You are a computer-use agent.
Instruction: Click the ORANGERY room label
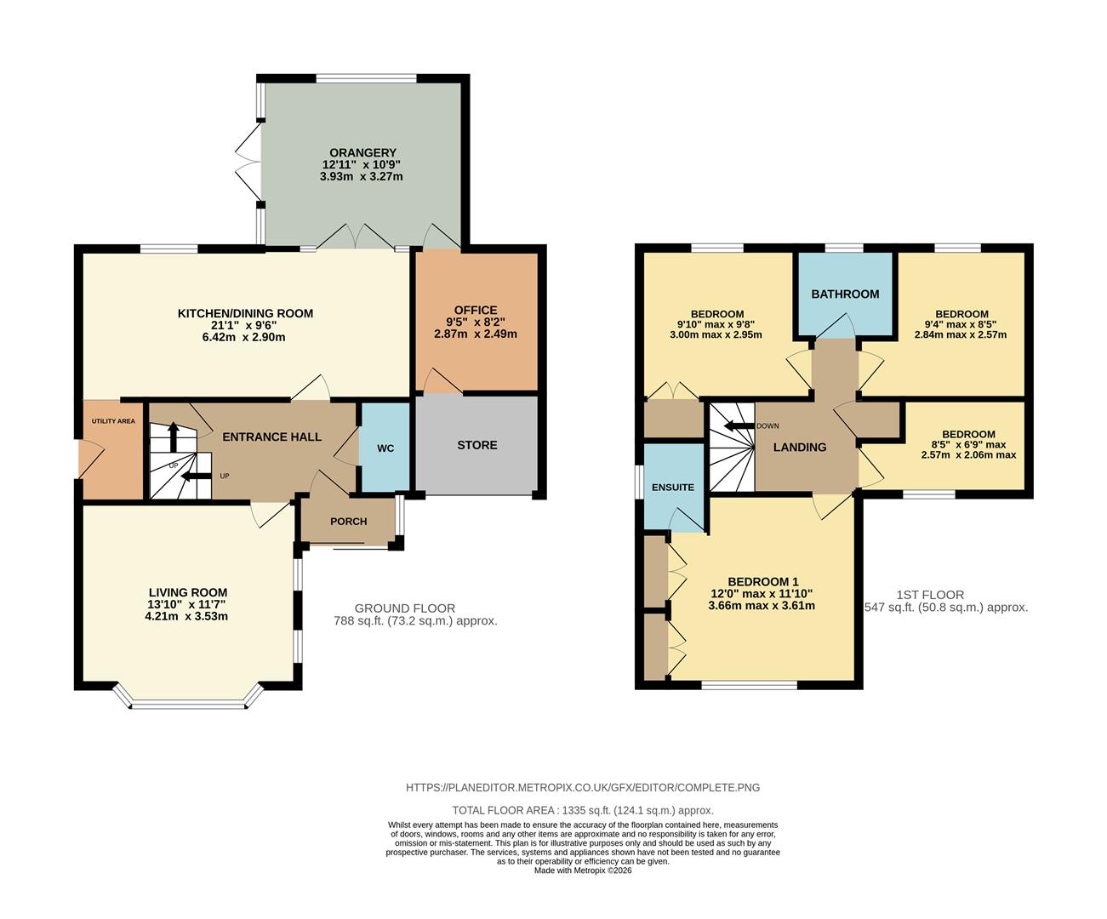coord(362,153)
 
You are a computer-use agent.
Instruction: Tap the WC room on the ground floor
coord(385,448)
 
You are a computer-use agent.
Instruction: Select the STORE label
coord(476,445)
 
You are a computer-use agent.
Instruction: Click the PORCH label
coord(348,522)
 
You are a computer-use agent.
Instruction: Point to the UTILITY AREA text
coord(113,421)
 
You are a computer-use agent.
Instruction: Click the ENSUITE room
coord(673,488)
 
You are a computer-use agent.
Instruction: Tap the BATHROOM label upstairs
coord(844,294)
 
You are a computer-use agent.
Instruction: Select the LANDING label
coord(799,448)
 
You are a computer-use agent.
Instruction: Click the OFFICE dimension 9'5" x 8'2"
coord(476,323)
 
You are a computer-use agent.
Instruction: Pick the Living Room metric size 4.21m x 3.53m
coord(187,617)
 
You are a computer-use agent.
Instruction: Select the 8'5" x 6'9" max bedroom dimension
coord(968,444)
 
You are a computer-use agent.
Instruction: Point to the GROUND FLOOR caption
coord(404,608)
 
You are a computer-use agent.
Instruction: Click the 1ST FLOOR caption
coord(930,595)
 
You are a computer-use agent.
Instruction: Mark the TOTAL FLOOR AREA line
coord(582,811)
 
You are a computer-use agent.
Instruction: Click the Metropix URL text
coord(582,788)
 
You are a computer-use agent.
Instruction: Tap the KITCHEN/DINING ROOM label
coord(245,313)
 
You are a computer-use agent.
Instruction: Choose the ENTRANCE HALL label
coord(271,437)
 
